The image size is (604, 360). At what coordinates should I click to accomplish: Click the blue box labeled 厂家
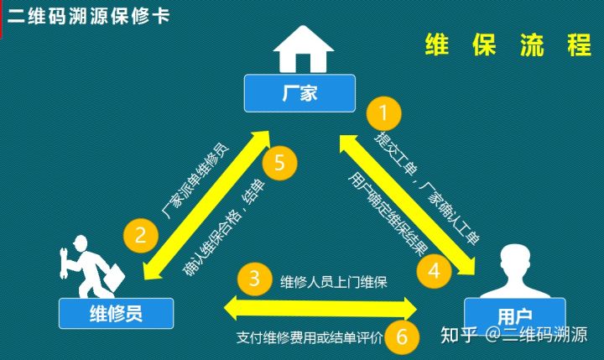pos(299,93)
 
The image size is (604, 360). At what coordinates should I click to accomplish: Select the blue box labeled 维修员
pos(115,314)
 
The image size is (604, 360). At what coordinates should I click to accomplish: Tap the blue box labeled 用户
pos(514,316)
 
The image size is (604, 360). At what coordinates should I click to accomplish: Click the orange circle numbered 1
pos(385,112)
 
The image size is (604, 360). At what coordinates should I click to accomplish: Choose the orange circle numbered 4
pos(434,270)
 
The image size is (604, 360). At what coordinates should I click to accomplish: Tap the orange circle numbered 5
pos(280,162)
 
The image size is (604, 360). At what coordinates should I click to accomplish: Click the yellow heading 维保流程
pos(508,45)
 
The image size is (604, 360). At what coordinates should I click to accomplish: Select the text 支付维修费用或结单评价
pos(310,339)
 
